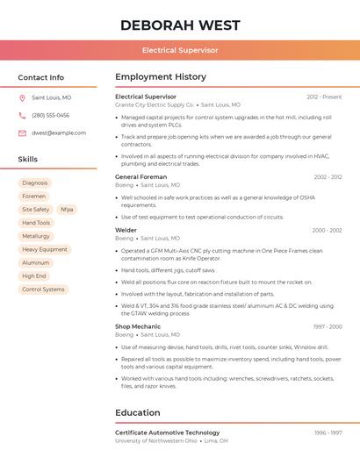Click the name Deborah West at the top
coord(180,25)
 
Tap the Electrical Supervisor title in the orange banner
coord(180,51)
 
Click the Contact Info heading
coord(40,77)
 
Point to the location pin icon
coord(22,98)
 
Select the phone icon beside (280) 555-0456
coord(22,116)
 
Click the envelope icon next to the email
coord(22,133)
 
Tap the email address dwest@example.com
coord(59,133)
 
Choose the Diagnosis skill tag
coord(35,183)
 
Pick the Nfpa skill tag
coord(67,210)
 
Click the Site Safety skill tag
coord(35,210)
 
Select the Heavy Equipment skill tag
coord(44,249)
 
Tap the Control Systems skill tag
coord(43,289)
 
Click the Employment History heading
coord(161,77)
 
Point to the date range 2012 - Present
coord(324,97)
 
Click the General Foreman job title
coord(140,177)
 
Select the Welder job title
coord(126,230)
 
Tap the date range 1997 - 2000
coord(327,326)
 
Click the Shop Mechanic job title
coord(138,326)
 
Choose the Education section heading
coord(138,412)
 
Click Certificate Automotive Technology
coord(167,433)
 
